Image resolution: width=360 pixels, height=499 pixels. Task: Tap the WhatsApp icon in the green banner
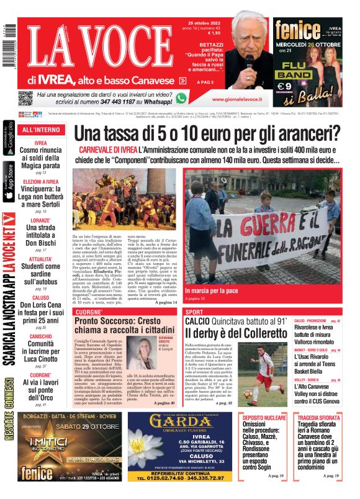181,98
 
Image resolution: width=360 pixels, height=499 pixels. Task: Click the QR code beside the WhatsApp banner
25,98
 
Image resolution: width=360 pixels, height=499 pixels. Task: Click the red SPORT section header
194,312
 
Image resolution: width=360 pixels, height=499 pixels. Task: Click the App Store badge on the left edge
8,181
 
